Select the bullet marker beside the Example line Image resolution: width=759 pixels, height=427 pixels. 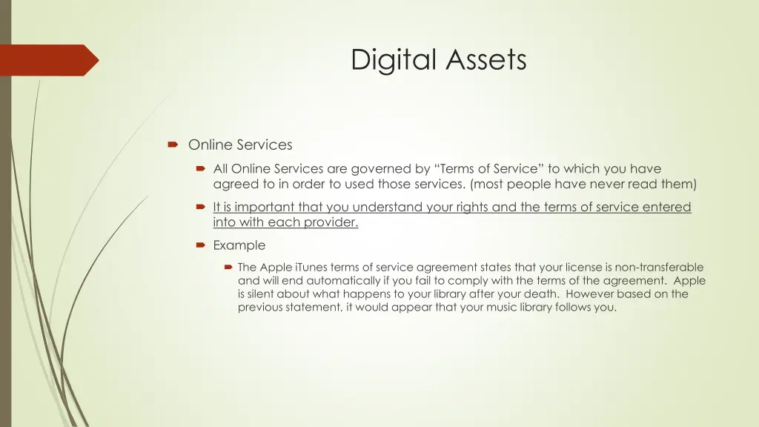[x=201, y=245]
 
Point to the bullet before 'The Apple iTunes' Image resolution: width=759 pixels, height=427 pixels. [x=229, y=267]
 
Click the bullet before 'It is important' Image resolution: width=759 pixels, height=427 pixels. [x=201, y=208]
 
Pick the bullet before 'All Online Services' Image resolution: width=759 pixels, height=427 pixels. [x=201, y=169]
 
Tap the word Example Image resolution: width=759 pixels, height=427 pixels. [x=239, y=245]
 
